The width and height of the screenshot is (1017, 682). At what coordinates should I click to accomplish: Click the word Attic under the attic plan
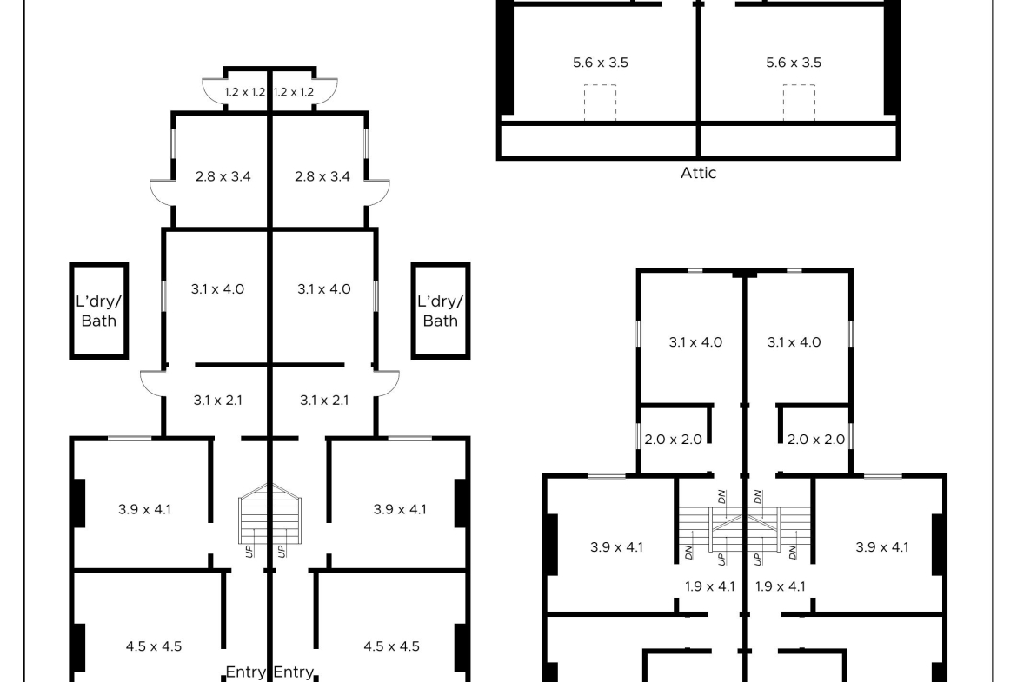698,173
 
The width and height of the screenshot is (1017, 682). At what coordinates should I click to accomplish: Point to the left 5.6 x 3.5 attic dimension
601,63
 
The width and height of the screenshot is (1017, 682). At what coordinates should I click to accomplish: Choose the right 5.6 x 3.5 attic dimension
794,63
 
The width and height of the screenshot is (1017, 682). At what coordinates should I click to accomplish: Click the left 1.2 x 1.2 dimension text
244,92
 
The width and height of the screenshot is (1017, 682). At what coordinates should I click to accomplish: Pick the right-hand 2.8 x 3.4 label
322,176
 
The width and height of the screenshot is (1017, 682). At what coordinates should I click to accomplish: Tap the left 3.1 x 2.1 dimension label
218,401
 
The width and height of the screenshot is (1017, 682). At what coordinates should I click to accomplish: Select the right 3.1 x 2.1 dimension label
324,401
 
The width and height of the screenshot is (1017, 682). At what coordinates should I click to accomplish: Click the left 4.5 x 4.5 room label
154,646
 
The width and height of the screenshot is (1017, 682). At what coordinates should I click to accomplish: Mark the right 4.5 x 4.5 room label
392,646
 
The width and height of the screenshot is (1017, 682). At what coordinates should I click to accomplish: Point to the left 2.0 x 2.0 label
674,440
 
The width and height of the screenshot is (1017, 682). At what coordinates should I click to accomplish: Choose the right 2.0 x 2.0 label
816,440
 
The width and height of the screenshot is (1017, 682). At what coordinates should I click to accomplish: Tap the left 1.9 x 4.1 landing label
710,586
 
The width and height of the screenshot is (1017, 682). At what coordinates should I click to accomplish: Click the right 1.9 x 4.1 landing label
781,586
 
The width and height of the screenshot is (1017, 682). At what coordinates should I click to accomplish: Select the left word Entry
245,672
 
